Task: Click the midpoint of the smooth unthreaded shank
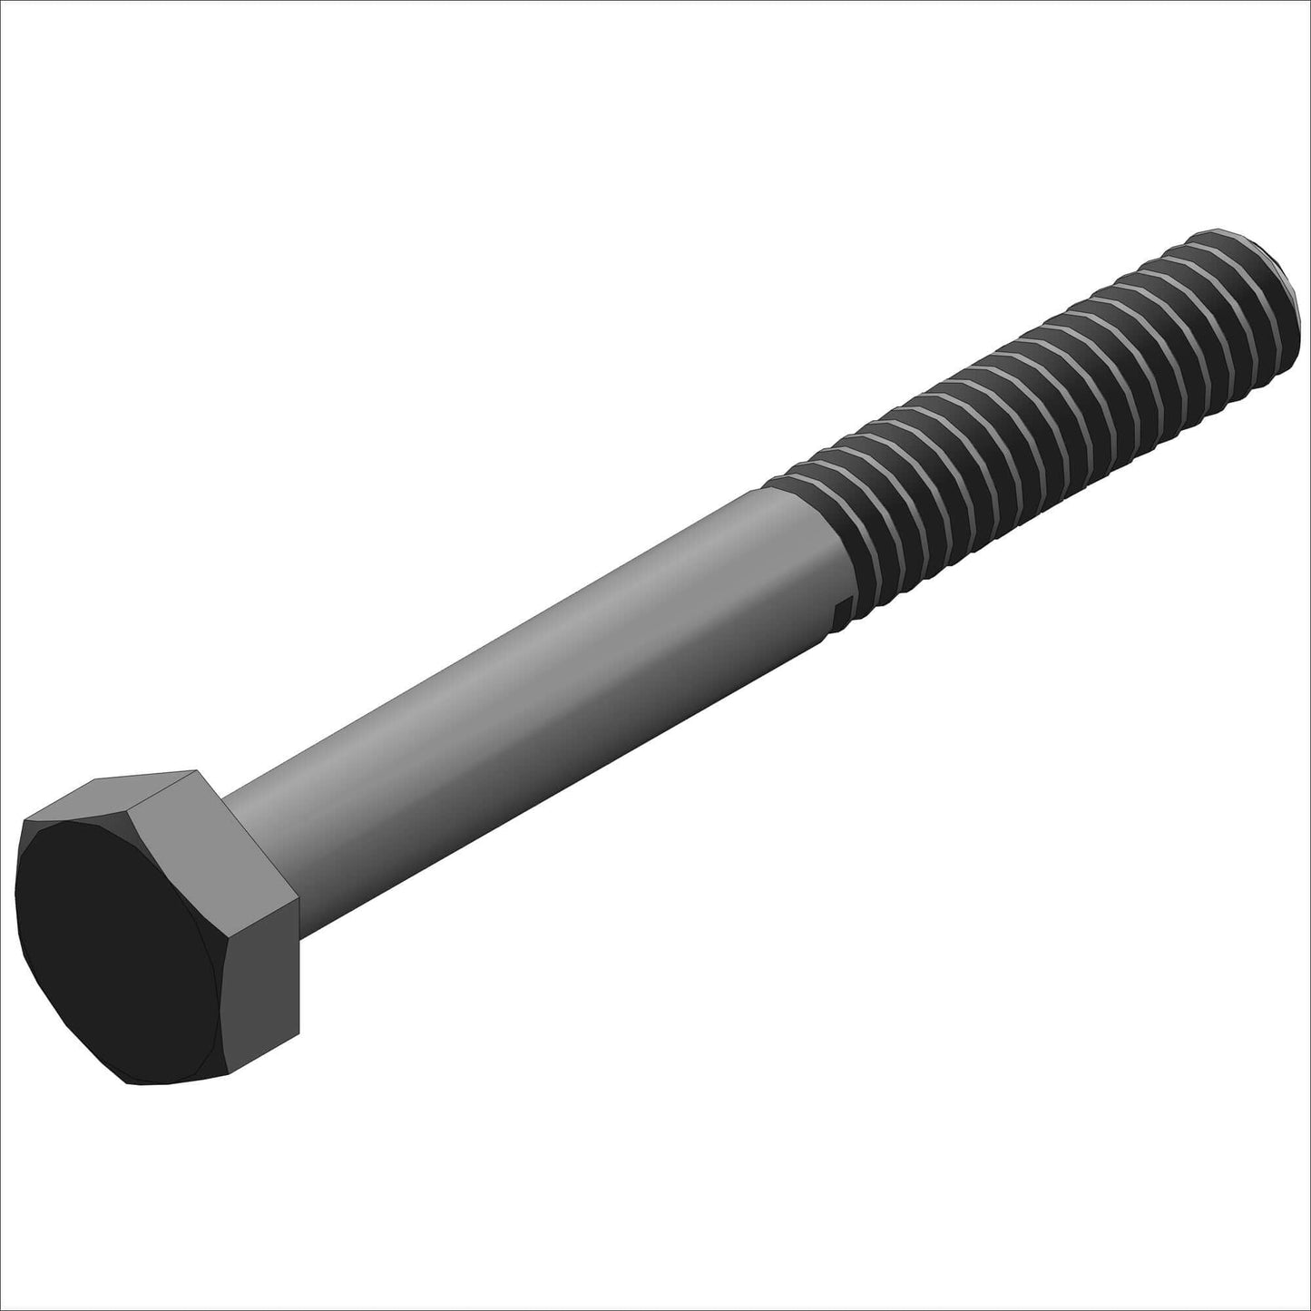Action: click(535, 699)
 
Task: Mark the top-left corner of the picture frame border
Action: click(2, 2)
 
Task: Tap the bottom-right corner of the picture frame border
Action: click(1308, 1308)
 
